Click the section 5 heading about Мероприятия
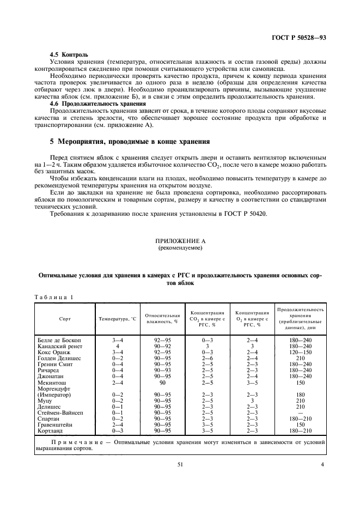point(130,141)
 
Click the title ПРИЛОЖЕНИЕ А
point(180,240)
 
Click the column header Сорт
point(65,318)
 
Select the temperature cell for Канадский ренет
point(117,346)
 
